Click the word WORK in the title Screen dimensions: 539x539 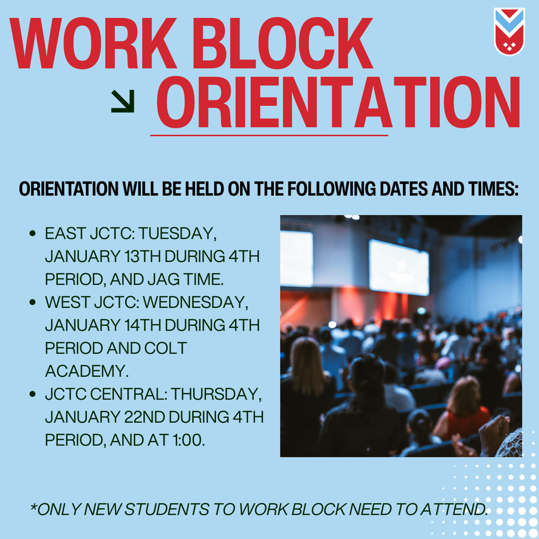[x=93, y=43]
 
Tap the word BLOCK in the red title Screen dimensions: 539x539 [x=282, y=43]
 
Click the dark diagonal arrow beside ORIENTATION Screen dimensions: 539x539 [x=123, y=101]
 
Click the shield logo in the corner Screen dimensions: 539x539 [x=509, y=31]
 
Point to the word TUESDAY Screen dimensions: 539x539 [x=177, y=234]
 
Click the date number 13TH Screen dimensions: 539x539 [x=142, y=256]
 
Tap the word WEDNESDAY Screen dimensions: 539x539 [x=196, y=303]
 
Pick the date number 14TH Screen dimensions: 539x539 [x=143, y=325]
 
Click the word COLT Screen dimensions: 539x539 [x=165, y=348]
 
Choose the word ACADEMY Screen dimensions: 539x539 [x=87, y=371]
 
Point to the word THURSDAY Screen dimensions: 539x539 [x=216, y=394]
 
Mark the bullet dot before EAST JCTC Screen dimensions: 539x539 [x=33, y=233]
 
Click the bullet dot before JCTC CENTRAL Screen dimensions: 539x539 [x=33, y=394]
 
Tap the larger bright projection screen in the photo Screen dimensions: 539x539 [x=399, y=267]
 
